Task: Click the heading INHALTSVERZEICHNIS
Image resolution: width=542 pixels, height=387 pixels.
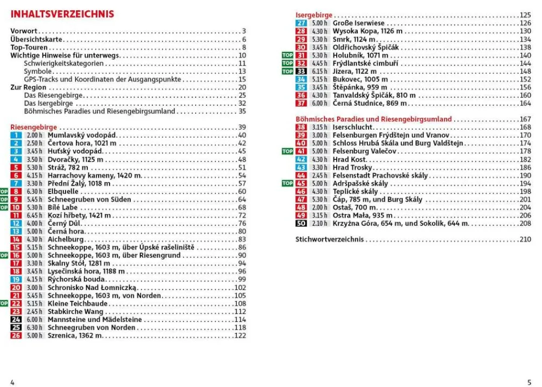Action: point(62,14)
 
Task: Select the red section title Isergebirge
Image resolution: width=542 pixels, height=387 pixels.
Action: point(314,15)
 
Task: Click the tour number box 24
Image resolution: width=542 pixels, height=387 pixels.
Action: point(16,320)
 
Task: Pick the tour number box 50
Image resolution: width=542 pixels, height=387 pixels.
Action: point(301,223)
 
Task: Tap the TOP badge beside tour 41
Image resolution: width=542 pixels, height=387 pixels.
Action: point(287,151)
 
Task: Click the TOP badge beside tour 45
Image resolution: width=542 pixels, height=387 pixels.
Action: point(287,184)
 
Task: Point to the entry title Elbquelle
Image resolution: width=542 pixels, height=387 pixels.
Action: point(63,191)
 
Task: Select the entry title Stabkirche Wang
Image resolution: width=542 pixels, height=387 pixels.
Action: point(75,312)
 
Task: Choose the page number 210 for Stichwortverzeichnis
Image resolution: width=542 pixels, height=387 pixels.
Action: point(525,239)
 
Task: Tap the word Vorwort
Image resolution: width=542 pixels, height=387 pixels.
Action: point(24,31)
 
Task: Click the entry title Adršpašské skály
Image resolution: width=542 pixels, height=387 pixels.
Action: point(360,184)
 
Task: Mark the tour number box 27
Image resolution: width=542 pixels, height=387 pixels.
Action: point(301,23)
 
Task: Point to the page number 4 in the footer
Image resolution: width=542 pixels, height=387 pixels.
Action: point(12,382)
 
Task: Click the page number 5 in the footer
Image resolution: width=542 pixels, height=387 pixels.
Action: point(529,382)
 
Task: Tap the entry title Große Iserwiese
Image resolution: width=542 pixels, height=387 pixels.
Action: point(358,23)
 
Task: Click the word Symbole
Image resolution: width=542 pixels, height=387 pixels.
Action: point(37,71)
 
